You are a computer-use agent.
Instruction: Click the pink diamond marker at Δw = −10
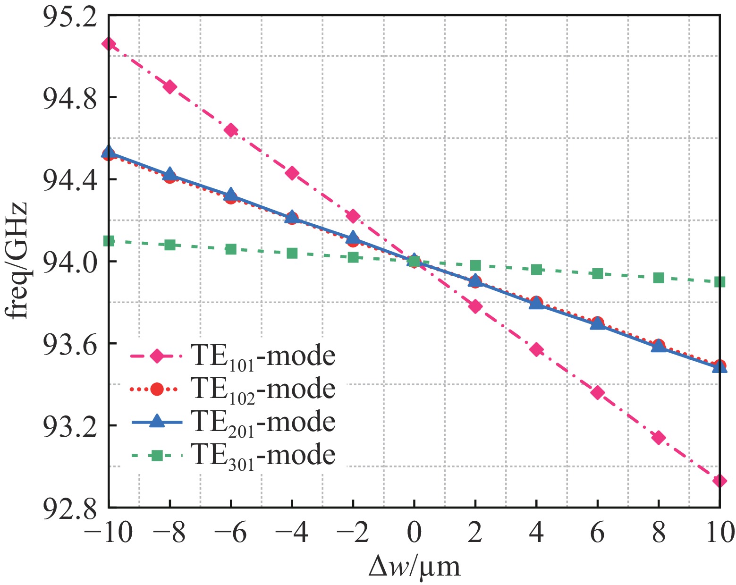[x=109, y=44]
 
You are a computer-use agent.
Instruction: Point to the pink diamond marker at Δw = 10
[x=719, y=481]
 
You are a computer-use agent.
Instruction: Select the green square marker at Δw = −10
[x=109, y=241]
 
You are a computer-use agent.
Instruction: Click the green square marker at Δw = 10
[x=719, y=282]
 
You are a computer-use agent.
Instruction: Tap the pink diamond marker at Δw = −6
[x=231, y=130]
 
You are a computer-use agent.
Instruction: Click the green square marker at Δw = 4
[x=536, y=270]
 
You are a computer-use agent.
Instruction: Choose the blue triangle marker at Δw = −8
[x=170, y=174]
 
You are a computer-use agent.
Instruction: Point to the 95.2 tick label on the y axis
[x=69, y=15]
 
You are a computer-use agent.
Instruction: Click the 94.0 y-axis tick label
[x=69, y=261]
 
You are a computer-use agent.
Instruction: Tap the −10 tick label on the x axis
[x=108, y=533]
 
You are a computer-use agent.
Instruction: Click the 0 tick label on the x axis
[x=414, y=533]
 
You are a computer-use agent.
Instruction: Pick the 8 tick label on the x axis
[x=659, y=533]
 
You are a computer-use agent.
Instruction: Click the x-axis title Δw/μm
[x=414, y=566]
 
